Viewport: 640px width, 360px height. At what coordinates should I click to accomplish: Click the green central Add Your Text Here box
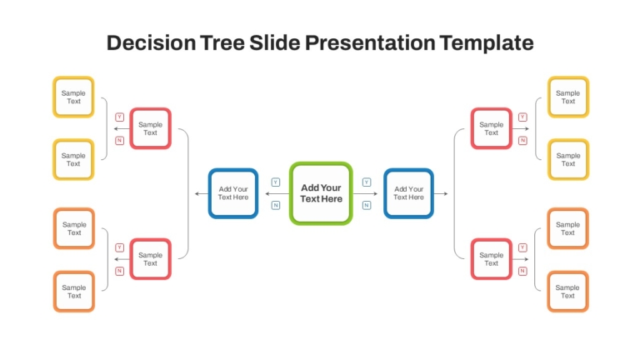321,193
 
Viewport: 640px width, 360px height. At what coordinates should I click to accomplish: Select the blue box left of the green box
233,193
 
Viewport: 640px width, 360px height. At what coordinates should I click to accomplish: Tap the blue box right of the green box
408,193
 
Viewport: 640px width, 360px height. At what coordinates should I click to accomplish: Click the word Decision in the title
151,42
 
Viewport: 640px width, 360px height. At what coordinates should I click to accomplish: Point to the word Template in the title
487,42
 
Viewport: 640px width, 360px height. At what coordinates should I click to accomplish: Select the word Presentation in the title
370,42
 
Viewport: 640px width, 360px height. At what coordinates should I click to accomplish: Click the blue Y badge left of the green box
276,182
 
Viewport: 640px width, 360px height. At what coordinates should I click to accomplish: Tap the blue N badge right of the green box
367,205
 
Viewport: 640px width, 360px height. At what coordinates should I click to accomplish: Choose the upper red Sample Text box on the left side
150,128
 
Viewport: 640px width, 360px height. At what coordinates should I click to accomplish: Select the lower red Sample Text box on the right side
492,259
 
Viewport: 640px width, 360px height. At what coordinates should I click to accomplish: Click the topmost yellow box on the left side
73,97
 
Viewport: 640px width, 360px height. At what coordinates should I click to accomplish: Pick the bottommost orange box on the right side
567,292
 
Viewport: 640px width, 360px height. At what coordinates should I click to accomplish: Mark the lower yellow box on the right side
568,160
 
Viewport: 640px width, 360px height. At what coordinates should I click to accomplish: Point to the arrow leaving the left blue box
202,193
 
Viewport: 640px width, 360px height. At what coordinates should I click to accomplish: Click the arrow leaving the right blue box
441,193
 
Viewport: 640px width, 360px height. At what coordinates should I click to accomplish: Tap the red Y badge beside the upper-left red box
120,117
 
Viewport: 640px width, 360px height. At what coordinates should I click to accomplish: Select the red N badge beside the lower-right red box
522,271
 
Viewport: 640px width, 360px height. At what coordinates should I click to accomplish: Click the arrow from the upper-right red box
521,128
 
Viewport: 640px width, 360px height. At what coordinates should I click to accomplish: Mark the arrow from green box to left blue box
277,193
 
